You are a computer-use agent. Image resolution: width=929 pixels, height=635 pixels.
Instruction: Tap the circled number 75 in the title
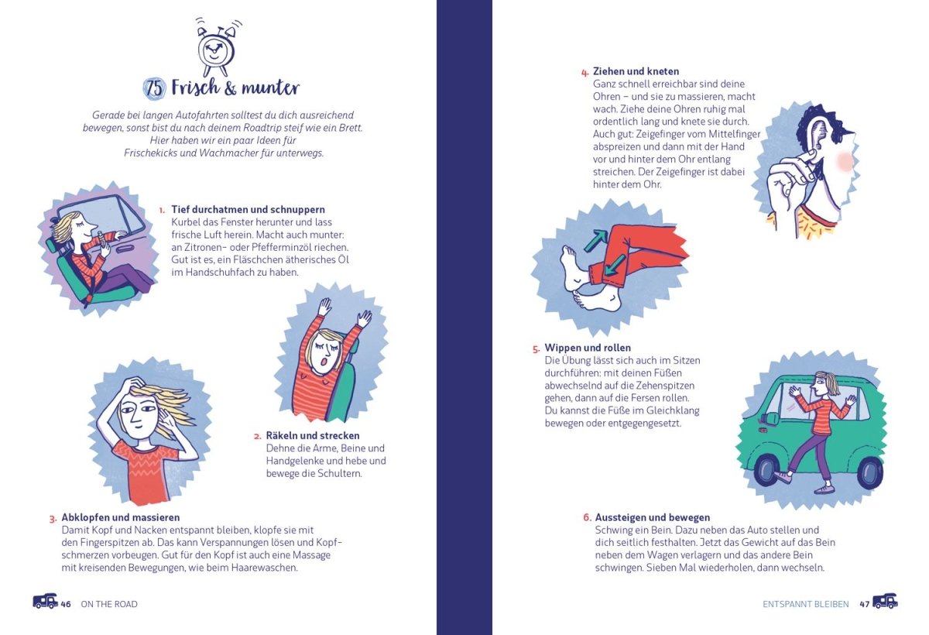154,88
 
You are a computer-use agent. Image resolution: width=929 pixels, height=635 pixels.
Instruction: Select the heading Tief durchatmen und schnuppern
248,209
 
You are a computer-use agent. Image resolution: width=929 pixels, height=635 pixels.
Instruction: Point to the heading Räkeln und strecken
313,435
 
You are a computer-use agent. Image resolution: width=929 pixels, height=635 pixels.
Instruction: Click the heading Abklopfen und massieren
121,517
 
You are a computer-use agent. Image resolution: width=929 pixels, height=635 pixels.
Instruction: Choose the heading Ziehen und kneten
636,71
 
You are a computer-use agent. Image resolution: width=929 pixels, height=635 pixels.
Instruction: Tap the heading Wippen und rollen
588,348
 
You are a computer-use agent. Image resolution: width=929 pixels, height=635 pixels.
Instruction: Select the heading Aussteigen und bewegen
653,517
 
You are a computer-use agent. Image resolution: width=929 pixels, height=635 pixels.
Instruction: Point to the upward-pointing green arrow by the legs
595,241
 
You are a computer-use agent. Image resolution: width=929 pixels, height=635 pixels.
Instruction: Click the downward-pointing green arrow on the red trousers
615,265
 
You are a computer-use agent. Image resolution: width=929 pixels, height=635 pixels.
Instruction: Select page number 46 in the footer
66,604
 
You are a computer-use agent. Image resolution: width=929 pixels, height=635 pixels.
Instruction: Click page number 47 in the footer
864,604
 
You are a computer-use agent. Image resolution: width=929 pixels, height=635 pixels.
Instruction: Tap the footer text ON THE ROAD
109,604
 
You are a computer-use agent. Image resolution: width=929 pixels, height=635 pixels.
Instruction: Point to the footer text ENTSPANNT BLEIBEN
806,604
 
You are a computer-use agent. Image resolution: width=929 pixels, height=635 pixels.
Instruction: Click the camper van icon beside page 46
45,601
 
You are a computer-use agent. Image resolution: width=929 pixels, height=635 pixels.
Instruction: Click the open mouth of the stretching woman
324,362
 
